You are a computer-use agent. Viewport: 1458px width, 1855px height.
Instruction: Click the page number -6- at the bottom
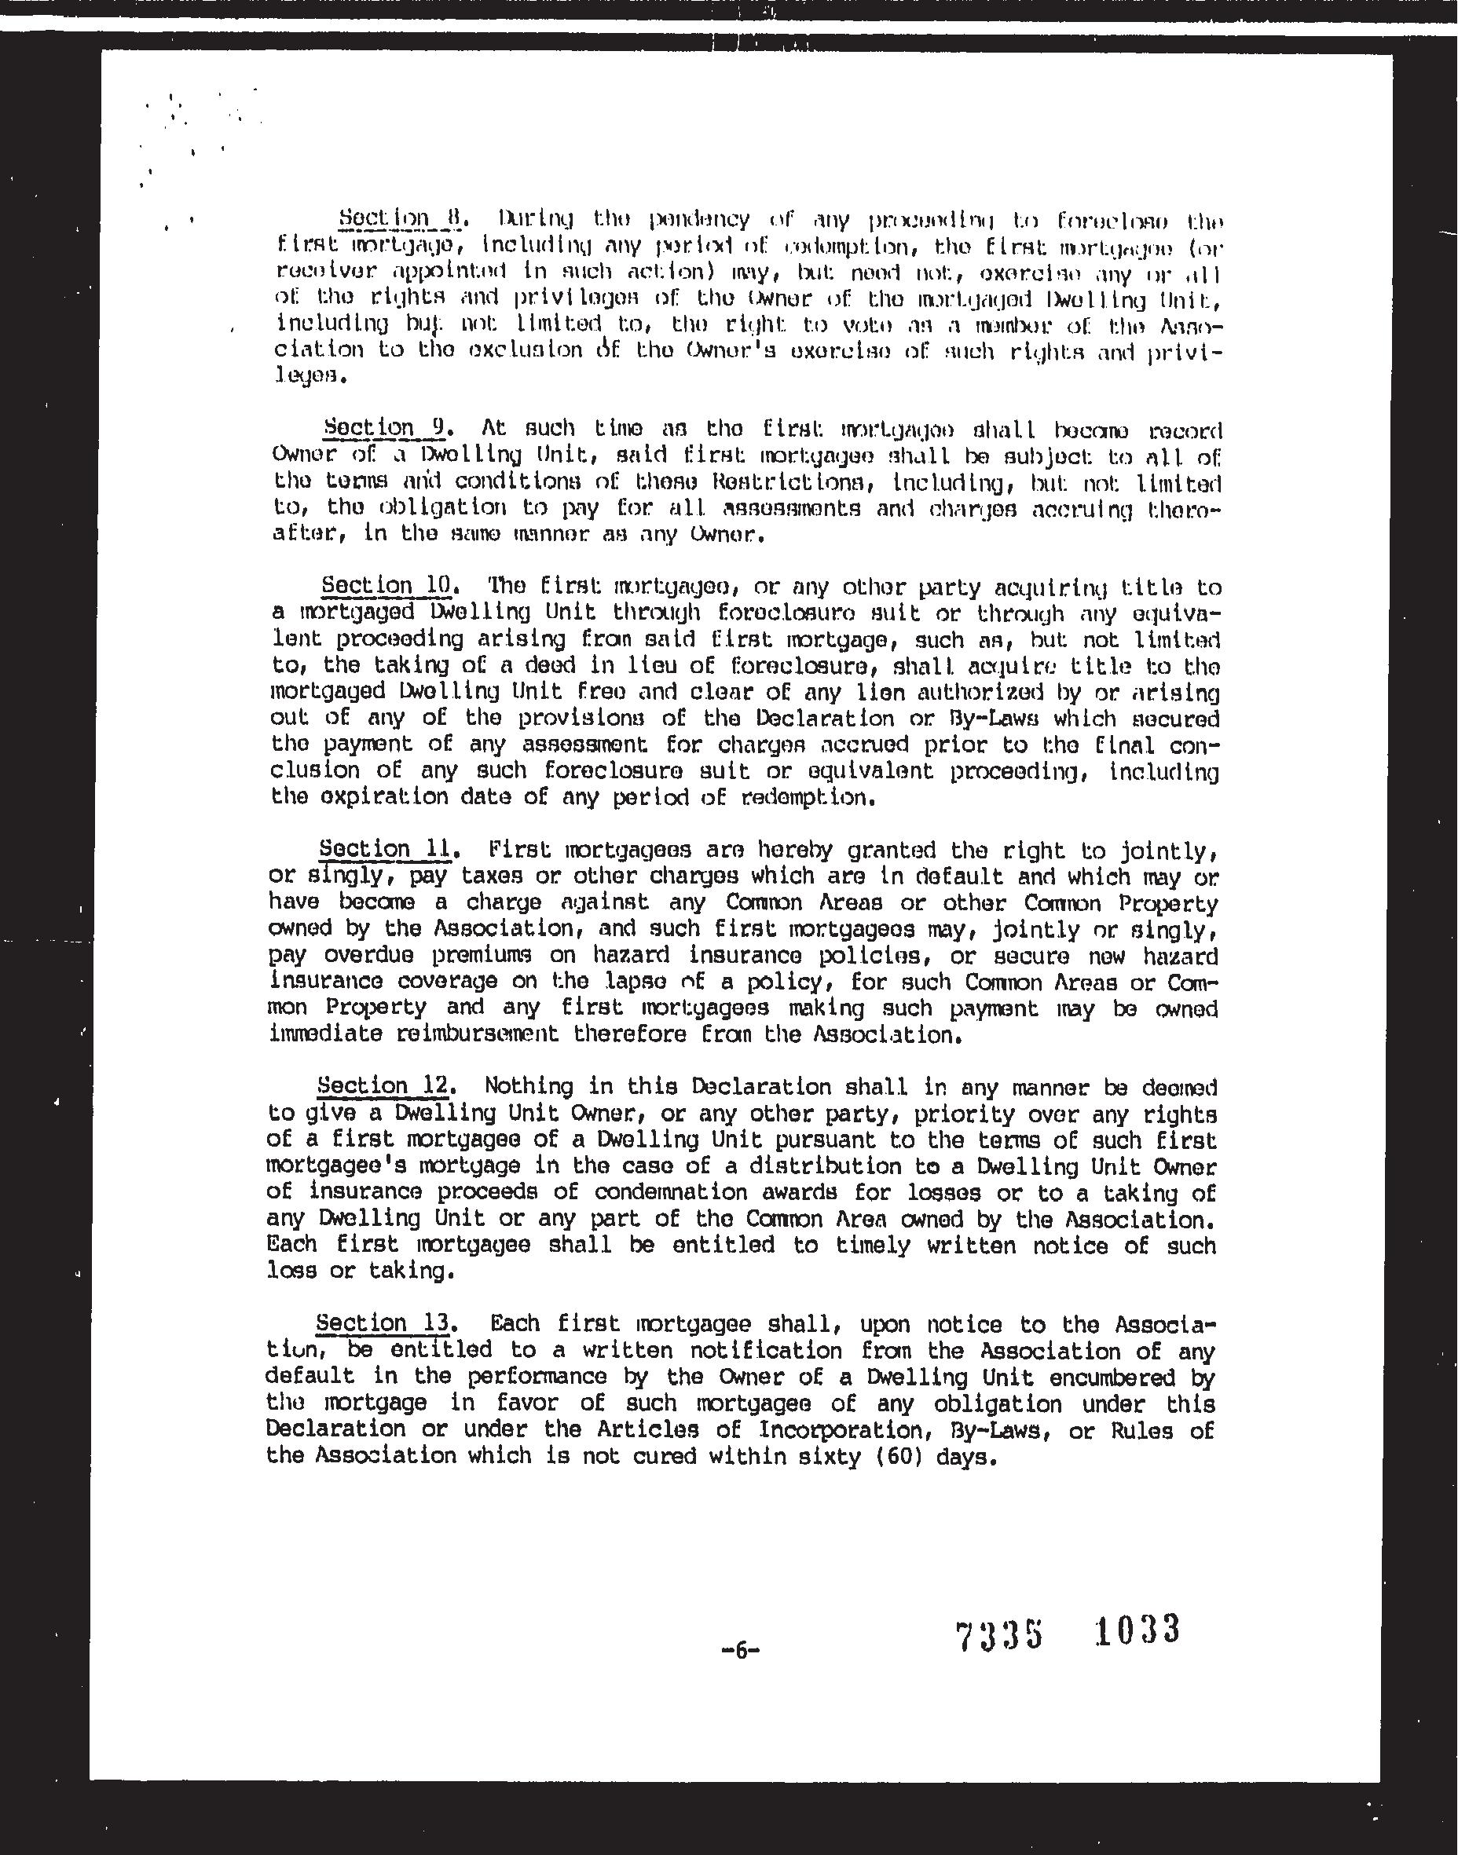tap(740, 1651)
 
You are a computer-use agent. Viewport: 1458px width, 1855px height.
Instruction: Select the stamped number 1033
tap(1137, 1629)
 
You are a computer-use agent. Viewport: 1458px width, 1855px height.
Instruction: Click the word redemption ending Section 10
tap(811, 798)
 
